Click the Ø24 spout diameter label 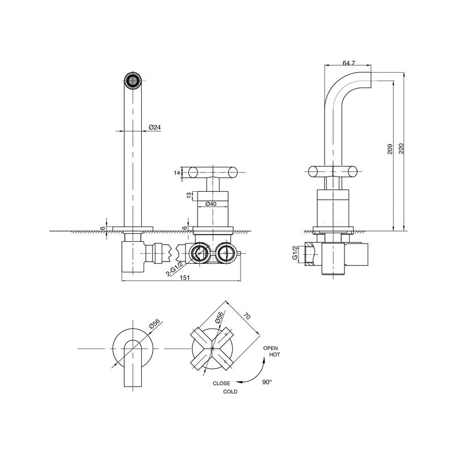tap(154, 127)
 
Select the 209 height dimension tap(390, 149)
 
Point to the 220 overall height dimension tap(401, 149)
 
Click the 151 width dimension tap(184, 278)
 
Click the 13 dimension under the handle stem tap(188, 196)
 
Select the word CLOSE tap(221, 384)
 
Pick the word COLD tap(230, 392)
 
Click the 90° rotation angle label tap(267, 382)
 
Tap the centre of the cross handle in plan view tap(212, 347)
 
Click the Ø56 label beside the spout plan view tap(154, 324)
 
